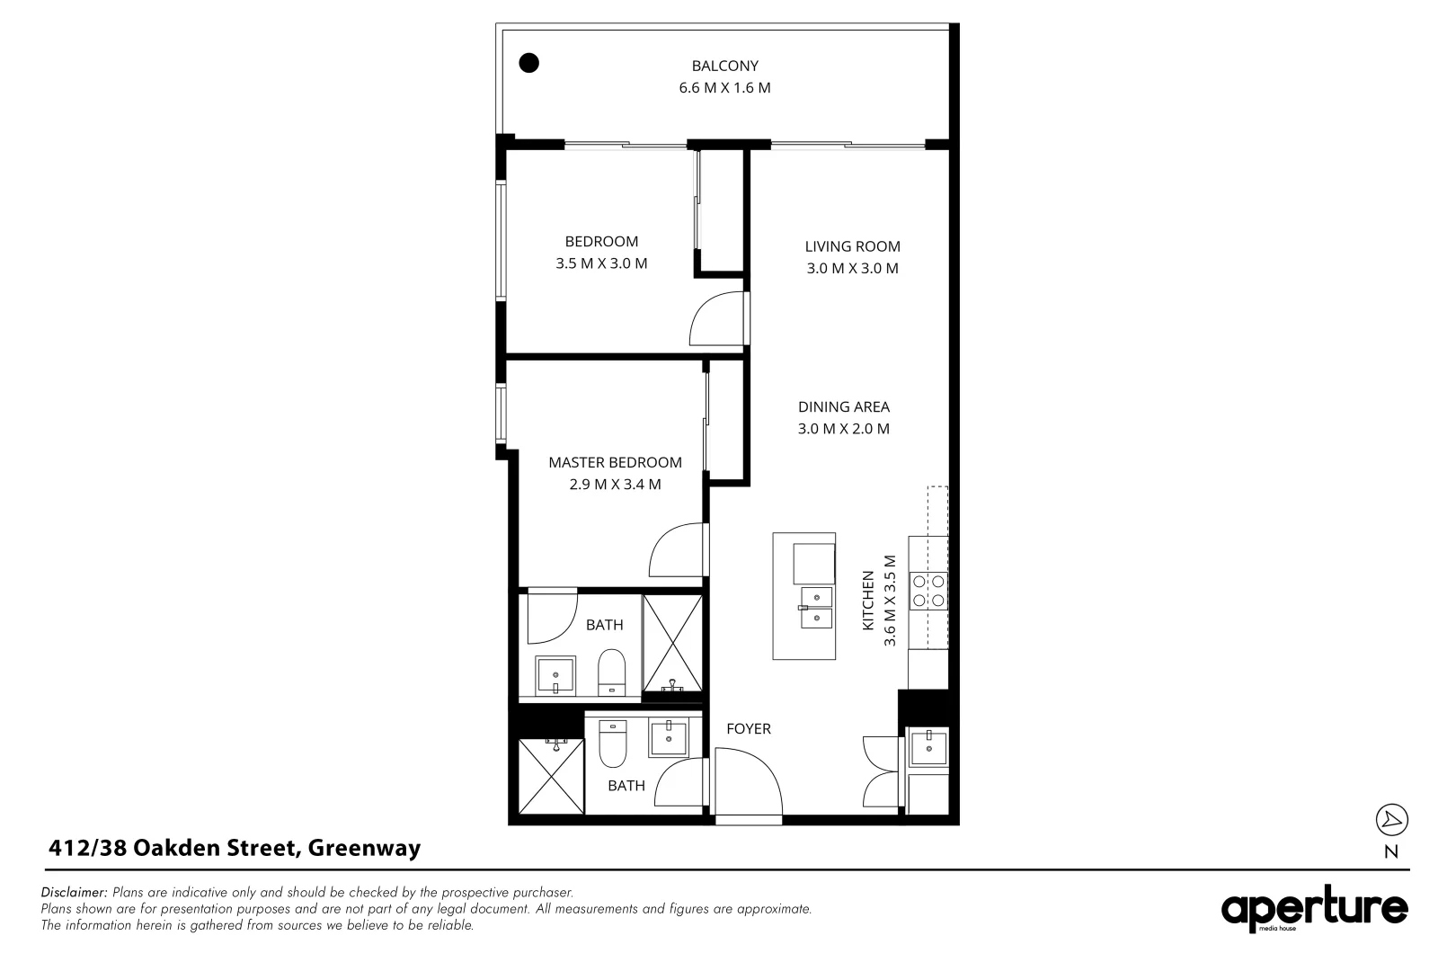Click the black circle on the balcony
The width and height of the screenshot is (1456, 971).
click(x=529, y=63)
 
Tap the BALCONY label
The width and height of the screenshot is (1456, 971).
click(x=724, y=66)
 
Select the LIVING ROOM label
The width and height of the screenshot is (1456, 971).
click(x=852, y=246)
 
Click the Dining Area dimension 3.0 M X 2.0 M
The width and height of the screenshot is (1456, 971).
click(x=843, y=429)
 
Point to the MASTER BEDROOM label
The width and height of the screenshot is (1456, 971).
click(x=615, y=462)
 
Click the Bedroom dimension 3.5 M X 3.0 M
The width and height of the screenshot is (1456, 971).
click(x=601, y=263)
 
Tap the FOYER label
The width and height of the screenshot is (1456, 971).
click(x=748, y=728)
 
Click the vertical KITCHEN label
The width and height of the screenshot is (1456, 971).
click(x=868, y=601)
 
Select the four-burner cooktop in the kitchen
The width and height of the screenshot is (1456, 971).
click(x=928, y=590)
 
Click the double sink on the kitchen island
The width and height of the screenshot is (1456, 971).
click(x=817, y=607)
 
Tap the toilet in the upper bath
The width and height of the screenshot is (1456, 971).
click(x=611, y=672)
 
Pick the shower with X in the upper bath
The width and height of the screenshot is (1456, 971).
click(x=672, y=642)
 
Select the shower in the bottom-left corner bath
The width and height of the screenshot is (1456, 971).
click(x=550, y=775)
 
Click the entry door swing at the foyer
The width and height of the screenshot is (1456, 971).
click(x=749, y=784)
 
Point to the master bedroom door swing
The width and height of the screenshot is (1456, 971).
click(x=678, y=550)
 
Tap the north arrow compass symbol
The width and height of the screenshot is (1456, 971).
click(x=1391, y=820)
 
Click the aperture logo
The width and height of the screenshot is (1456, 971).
click(x=1314, y=910)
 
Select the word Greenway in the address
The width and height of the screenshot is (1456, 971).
click(x=364, y=848)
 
